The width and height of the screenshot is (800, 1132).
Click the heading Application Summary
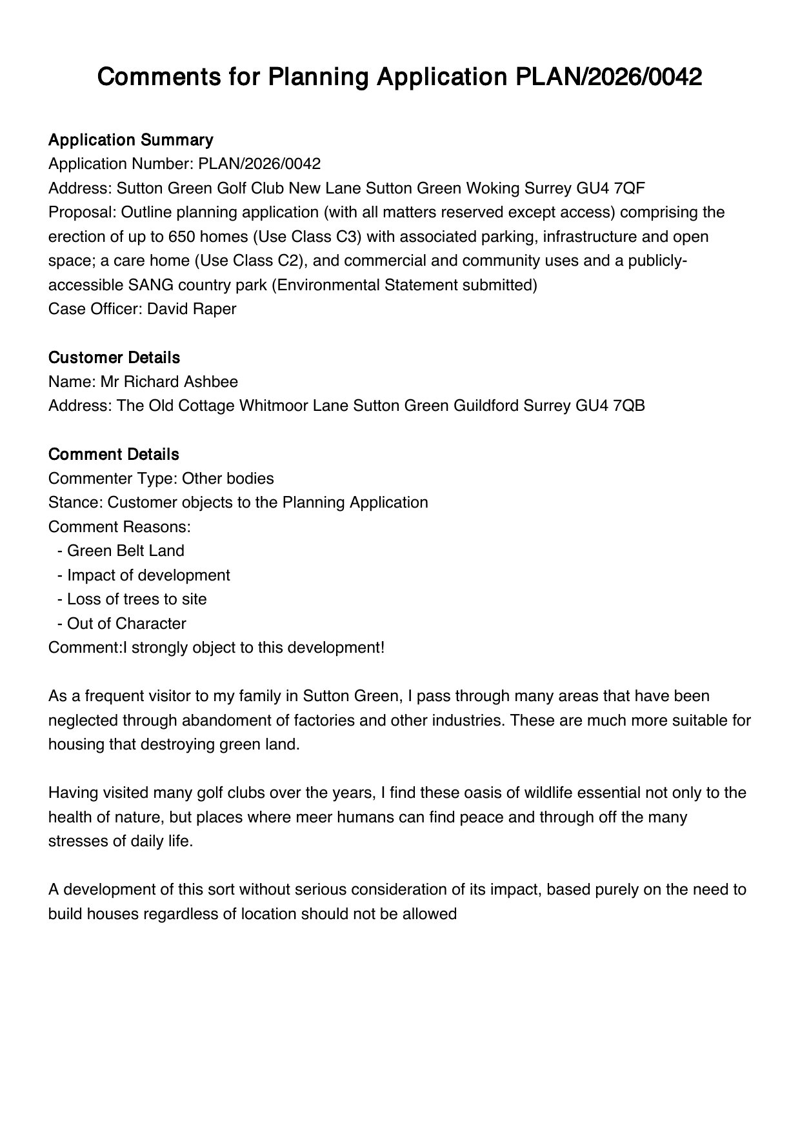coord(130,140)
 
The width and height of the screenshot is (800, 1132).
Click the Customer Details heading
coord(114,357)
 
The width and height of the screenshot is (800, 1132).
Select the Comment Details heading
coord(114,454)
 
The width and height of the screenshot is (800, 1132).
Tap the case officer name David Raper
coord(192,309)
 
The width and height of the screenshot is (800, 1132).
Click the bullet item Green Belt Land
coord(125,551)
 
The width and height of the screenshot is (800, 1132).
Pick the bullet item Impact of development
coord(148,575)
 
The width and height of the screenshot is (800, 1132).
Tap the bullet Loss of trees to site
coord(136,599)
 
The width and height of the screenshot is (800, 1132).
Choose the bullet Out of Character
coord(126,624)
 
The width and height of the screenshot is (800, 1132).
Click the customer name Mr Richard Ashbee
coord(168,382)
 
